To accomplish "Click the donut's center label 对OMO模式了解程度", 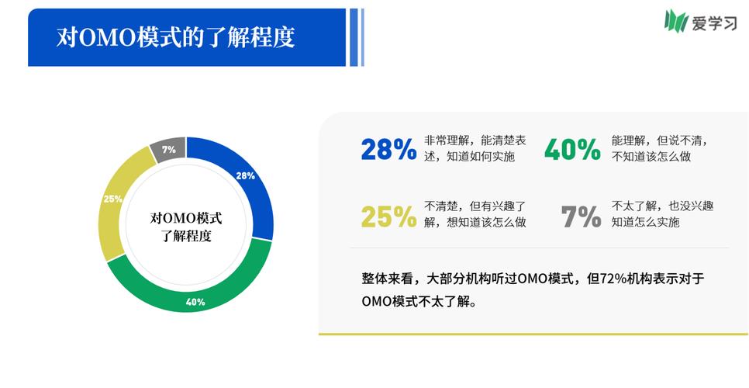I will click(x=186, y=227).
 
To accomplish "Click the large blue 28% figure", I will click(x=388, y=149).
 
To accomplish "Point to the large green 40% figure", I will click(x=572, y=149).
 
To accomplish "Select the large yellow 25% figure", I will click(x=388, y=217).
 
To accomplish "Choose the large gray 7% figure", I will click(x=581, y=217).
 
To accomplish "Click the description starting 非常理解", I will click(x=475, y=148).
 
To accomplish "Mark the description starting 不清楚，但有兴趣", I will click(x=475, y=214).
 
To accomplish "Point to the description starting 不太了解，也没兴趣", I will click(x=661, y=214).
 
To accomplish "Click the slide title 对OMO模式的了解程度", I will click(x=176, y=37).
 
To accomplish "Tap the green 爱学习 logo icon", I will click(x=676, y=21).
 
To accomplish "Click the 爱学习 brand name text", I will click(x=715, y=23).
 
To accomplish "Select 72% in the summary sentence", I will click(x=608, y=279).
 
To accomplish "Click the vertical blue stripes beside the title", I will click(x=356, y=37).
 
